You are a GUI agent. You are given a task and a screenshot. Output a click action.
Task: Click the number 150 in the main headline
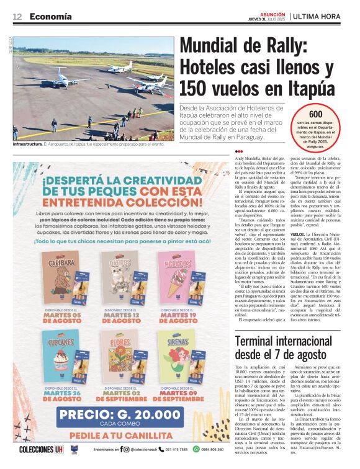196,87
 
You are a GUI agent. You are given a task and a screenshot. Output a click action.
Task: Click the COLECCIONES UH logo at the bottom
41,450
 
